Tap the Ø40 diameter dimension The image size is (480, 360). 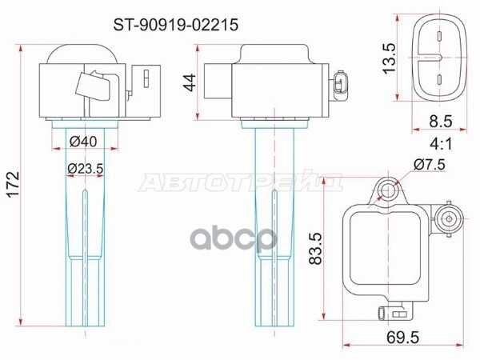(82, 142)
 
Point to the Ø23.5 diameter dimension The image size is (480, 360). (86, 168)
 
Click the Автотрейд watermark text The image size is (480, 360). (239, 185)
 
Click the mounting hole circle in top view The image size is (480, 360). (388, 190)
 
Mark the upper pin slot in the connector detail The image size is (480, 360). (439, 36)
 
